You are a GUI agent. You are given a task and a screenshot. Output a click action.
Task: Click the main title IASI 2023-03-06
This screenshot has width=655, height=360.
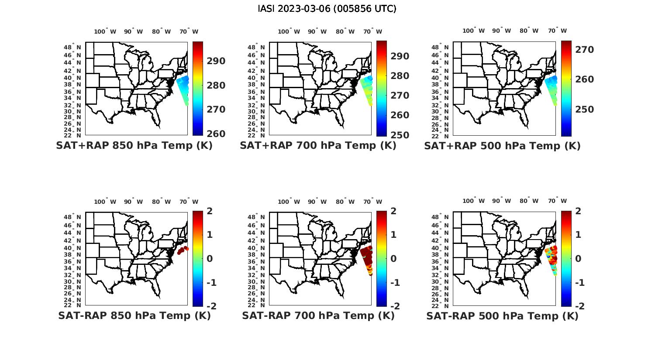[327, 9]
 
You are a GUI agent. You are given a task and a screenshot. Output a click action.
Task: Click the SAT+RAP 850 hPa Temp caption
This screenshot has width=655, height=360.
[134, 145]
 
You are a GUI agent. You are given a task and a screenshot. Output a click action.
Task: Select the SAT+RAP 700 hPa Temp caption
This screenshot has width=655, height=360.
[318, 145]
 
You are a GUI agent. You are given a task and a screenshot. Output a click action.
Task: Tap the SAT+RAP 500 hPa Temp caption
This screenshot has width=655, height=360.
[502, 146]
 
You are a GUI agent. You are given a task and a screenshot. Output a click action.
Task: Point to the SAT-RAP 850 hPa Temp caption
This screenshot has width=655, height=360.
[134, 315]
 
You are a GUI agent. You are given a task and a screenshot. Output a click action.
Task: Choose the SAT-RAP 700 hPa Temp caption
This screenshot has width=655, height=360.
[318, 315]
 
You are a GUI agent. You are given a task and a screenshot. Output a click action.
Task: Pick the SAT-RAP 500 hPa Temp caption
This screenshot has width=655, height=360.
[502, 316]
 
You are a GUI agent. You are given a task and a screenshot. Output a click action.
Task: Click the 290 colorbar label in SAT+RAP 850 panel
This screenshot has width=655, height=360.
[216, 61]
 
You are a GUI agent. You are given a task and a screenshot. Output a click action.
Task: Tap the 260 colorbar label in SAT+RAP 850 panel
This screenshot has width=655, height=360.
[216, 134]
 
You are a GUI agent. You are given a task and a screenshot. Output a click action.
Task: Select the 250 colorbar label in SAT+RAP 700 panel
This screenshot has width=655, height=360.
[400, 135]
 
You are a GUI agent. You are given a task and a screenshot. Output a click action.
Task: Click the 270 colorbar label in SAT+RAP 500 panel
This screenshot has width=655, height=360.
[584, 50]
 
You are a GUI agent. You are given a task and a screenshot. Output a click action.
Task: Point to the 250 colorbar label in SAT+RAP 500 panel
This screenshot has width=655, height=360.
[584, 110]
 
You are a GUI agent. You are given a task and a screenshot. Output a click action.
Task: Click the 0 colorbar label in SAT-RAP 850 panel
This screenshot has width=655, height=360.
[209, 258]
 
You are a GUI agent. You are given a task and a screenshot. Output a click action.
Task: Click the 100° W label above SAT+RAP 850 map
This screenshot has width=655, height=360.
[105, 31]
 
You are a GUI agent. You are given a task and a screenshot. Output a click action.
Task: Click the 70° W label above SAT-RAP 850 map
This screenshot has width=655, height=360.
[189, 202]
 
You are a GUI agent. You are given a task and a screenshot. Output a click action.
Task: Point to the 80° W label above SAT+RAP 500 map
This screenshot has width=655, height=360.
[529, 31]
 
